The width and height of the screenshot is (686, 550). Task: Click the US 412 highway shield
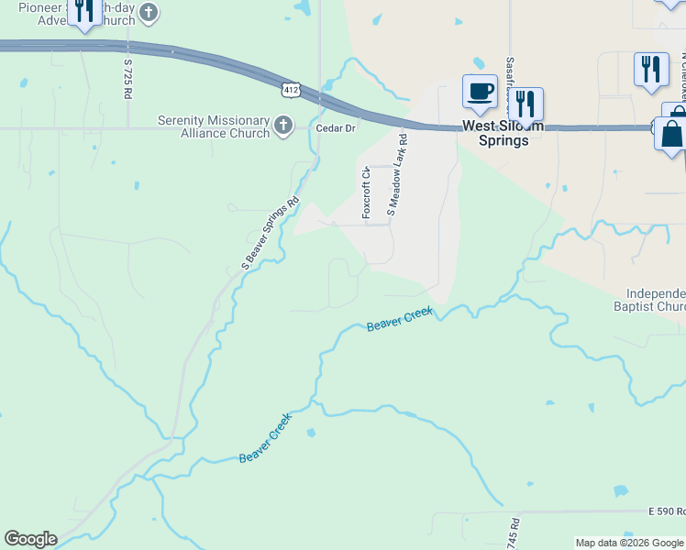point(290,89)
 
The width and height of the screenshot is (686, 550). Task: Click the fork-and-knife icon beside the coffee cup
point(526,105)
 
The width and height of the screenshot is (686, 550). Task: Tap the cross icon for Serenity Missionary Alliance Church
point(283,126)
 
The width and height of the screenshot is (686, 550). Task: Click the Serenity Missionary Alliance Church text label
point(214,126)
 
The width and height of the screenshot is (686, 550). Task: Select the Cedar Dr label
point(335,128)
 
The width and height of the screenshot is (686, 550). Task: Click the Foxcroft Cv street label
point(366,192)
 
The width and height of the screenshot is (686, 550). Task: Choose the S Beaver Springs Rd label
point(271,234)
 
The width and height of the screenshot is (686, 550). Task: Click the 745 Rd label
point(513,533)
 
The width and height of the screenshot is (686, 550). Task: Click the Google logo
point(30,539)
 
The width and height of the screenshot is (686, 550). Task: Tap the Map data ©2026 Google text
point(629,543)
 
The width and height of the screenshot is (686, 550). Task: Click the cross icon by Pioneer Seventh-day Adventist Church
point(149,13)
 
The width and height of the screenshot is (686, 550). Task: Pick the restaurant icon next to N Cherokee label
point(651,69)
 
